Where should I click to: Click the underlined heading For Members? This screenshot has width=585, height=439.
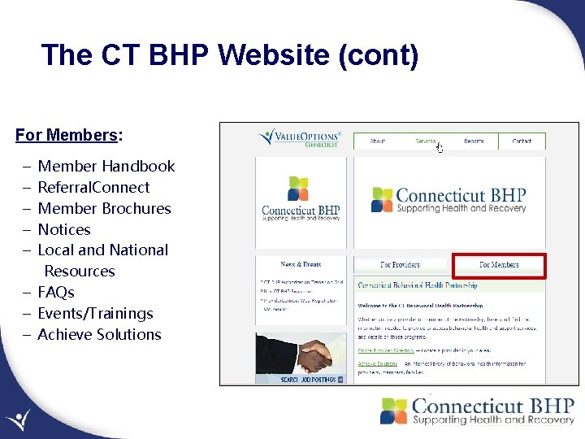pyautogui.click(x=67, y=135)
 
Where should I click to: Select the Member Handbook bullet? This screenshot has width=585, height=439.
pyautogui.click(x=106, y=167)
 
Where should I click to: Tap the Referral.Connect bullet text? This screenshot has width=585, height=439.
pyautogui.click(x=94, y=188)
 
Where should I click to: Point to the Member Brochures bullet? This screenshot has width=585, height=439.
pyautogui.click(x=105, y=209)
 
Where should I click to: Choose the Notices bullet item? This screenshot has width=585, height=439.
pyautogui.click(x=64, y=230)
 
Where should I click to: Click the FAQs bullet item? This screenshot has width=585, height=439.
pyautogui.click(x=56, y=293)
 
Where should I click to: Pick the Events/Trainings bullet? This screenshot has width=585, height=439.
pyautogui.click(x=95, y=314)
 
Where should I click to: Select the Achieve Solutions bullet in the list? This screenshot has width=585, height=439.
pyautogui.click(x=99, y=335)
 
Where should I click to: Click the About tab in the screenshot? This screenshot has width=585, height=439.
pyautogui.click(x=378, y=141)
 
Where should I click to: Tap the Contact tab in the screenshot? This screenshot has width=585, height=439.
pyautogui.click(x=522, y=141)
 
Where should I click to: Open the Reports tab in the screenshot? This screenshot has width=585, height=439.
pyautogui.click(x=474, y=141)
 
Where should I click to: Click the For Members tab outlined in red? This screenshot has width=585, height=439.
pyautogui.click(x=499, y=265)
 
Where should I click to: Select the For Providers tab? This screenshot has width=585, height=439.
pyautogui.click(x=400, y=265)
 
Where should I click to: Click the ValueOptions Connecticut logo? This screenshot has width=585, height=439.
pyautogui.click(x=299, y=138)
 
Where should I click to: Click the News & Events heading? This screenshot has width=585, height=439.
pyautogui.click(x=301, y=264)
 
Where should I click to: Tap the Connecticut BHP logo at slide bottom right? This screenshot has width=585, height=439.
pyautogui.click(x=478, y=411)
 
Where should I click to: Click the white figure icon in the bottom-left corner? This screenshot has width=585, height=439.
pyautogui.click(x=17, y=421)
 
